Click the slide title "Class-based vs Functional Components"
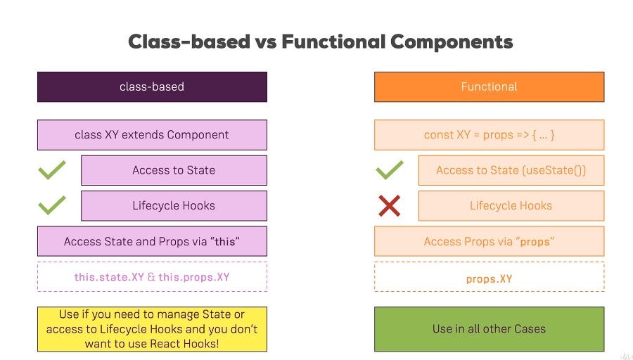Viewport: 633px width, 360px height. tap(320, 41)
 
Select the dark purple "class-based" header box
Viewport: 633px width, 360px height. tap(152, 86)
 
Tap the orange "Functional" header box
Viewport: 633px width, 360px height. tap(489, 86)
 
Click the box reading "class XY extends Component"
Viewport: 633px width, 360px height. tap(152, 134)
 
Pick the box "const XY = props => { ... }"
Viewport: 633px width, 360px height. tap(489, 134)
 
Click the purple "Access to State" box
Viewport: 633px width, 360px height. tap(174, 170)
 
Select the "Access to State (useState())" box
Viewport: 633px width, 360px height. tap(511, 170)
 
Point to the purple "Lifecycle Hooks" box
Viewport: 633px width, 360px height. tap(174, 206)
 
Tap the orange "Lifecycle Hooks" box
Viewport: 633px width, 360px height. tap(511, 206)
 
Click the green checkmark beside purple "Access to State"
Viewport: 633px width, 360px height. tap(52, 170)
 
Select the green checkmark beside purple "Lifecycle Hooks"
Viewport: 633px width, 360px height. tap(52, 205)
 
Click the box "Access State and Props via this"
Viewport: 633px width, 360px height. tap(152, 241)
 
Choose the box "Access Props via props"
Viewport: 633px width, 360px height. tap(489, 241)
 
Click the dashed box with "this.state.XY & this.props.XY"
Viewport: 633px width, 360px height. tap(152, 277)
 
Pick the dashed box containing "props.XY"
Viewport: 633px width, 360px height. tap(489, 277)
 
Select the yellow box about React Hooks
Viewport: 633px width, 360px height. tap(152, 329)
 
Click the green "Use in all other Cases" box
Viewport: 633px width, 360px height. tap(489, 329)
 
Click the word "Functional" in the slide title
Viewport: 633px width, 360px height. tap(332, 41)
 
